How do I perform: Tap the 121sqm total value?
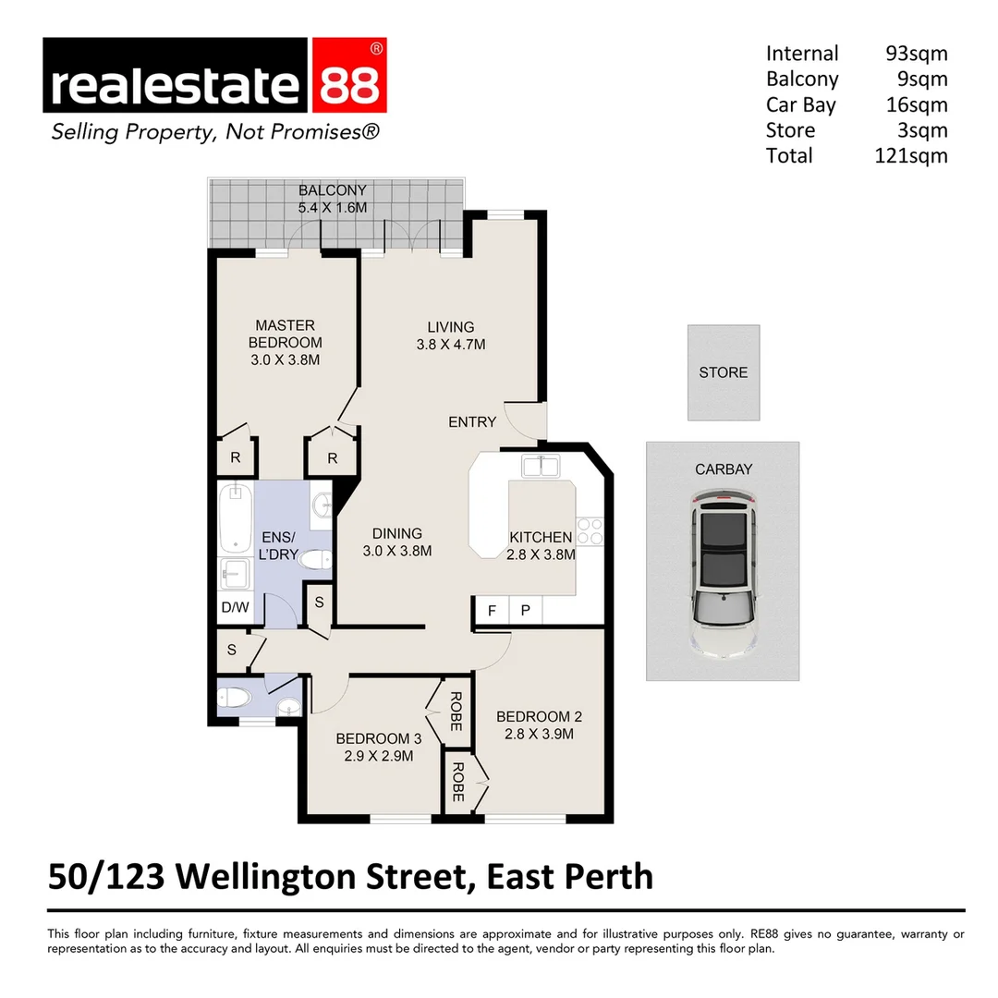(910, 155)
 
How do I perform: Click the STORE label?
(724, 372)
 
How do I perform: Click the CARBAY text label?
(724, 469)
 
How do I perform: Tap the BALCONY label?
(333, 191)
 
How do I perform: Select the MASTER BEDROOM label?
(285, 334)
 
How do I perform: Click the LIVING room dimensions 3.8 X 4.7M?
(451, 345)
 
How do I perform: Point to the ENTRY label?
(472, 422)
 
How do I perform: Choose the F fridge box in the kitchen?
(492, 611)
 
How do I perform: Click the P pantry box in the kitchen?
(525, 611)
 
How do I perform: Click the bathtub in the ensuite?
(236, 519)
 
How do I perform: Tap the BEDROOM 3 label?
(378, 738)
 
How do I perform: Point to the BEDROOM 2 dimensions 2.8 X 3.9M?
(540, 735)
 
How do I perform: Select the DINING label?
(397, 533)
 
